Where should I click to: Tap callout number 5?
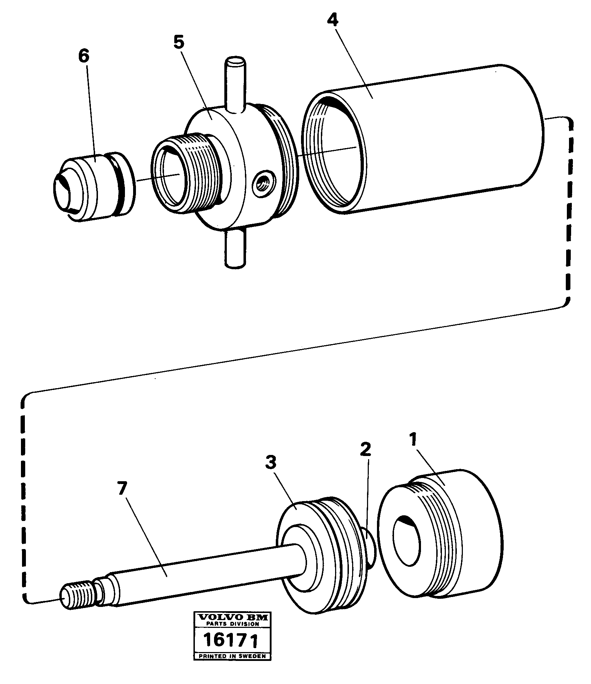tap(179, 43)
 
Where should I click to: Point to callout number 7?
tap(121, 489)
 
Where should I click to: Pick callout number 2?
tap(365, 450)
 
